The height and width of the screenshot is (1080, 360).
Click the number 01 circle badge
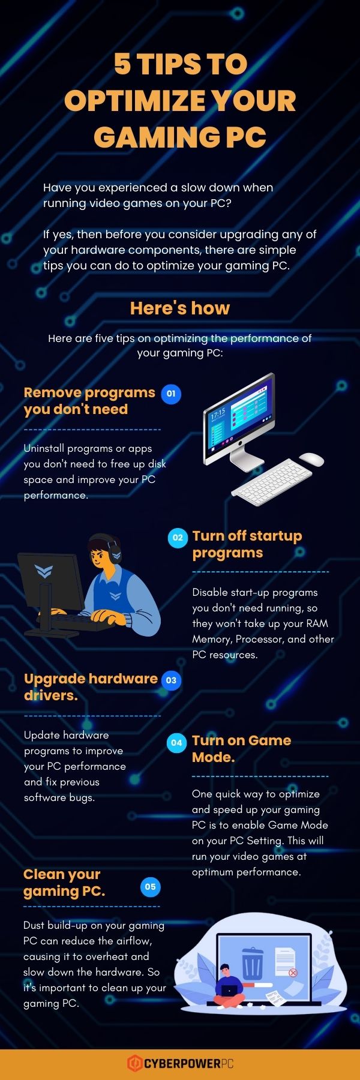(x=171, y=394)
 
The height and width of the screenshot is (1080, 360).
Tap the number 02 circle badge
(x=177, y=538)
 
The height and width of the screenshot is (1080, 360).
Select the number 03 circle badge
(x=171, y=680)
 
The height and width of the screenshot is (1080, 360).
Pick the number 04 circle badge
(x=176, y=743)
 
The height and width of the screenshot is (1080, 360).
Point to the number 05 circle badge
(x=150, y=886)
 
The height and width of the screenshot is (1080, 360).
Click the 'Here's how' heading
(x=180, y=308)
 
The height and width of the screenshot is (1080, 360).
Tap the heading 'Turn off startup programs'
(x=247, y=544)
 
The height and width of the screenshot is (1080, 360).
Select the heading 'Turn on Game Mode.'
(x=241, y=748)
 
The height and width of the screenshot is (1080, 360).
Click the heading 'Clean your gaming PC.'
(x=64, y=883)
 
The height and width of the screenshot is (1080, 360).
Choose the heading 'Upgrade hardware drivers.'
(x=90, y=686)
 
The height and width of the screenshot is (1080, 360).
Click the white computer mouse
(x=311, y=459)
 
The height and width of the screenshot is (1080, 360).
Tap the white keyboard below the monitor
(x=272, y=478)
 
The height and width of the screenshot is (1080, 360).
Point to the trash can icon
(x=252, y=963)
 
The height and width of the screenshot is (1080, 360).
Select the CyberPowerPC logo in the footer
(x=180, y=1063)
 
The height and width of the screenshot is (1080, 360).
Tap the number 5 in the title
(x=122, y=64)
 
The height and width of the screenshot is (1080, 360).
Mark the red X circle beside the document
(x=293, y=973)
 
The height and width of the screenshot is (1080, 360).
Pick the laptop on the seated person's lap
(x=230, y=990)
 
